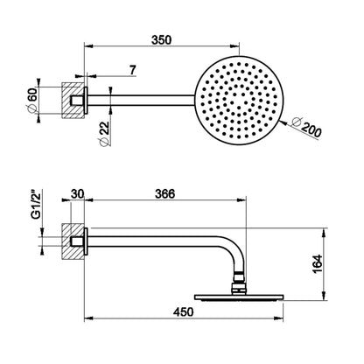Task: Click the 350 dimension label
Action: click(161, 40)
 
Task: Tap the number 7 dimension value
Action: click(132, 71)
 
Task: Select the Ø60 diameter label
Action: click(31, 99)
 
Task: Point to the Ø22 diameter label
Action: click(104, 133)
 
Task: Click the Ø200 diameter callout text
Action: click(306, 128)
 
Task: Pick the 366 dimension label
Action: click(165, 194)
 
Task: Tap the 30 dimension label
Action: click(78, 194)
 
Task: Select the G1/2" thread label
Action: click(36, 205)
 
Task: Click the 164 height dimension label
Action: click(318, 263)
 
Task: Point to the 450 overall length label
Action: click(183, 311)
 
